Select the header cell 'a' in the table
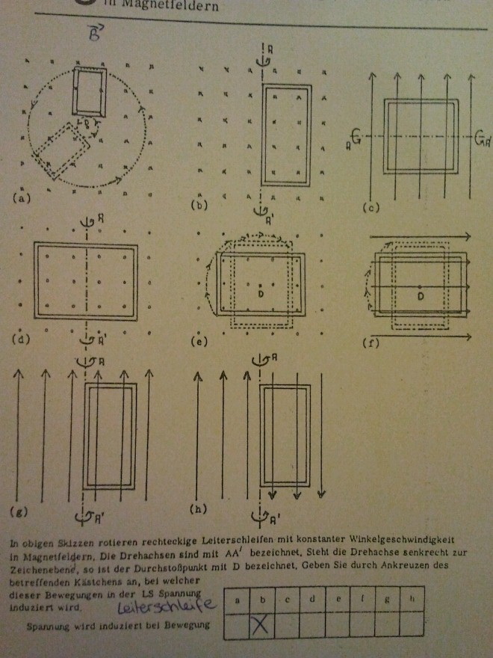(x=238, y=600)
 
